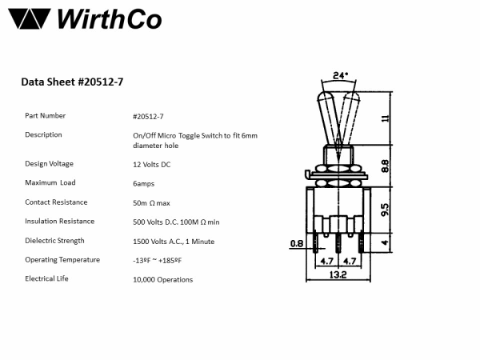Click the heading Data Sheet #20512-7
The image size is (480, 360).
(x=72, y=81)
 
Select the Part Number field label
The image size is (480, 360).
(x=46, y=115)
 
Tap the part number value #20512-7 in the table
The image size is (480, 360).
(x=150, y=116)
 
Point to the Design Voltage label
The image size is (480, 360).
(x=50, y=163)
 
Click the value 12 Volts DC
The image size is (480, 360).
(x=151, y=164)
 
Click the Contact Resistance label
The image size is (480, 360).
(x=56, y=202)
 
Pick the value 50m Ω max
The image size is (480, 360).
(x=151, y=202)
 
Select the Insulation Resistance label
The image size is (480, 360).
(x=59, y=221)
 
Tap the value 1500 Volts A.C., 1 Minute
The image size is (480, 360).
(x=174, y=241)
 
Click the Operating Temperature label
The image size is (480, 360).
(x=62, y=259)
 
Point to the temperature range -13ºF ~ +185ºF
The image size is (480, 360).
(x=157, y=260)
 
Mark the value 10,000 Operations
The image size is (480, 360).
(x=162, y=279)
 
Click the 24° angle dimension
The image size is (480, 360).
(x=340, y=76)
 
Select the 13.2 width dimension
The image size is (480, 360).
(x=338, y=275)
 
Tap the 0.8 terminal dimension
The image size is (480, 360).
(x=297, y=243)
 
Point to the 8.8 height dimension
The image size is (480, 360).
(x=385, y=166)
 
